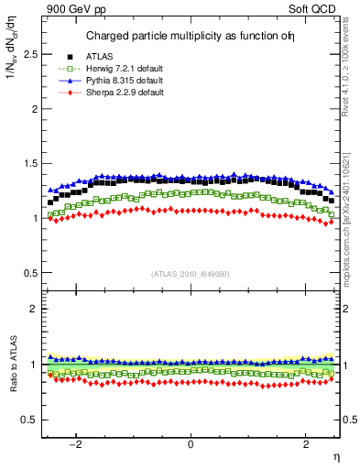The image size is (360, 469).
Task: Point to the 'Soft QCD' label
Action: pyautogui.click(x=317, y=10)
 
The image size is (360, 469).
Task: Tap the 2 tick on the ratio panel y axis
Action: pyautogui.click(x=35, y=309)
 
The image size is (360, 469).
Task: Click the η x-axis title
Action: pyautogui.click(x=335, y=455)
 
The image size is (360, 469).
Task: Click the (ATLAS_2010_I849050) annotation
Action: pyautogui.click(x=191, y=274)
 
